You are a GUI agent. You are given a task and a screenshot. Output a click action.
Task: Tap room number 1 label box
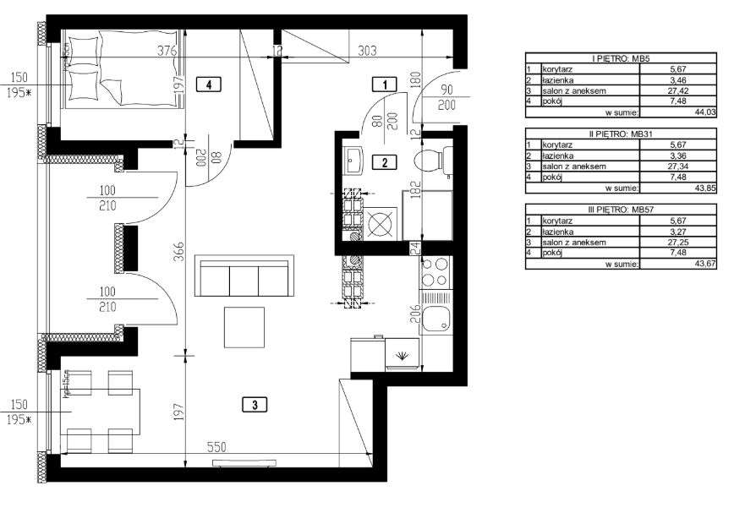click(x=385, y=84)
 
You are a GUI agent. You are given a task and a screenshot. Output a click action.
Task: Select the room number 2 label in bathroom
click(x=385, y=163)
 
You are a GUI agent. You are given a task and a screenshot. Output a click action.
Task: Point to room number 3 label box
click(x=255, y=404)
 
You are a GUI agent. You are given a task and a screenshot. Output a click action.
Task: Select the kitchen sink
click(x=438, y=320)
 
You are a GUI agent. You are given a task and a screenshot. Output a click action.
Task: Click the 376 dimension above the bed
click(x=167, y=50)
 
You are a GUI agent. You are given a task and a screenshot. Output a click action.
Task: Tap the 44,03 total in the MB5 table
click(x=704, y=111)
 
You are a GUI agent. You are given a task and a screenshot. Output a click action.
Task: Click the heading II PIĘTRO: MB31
click(x=621, y=133)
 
